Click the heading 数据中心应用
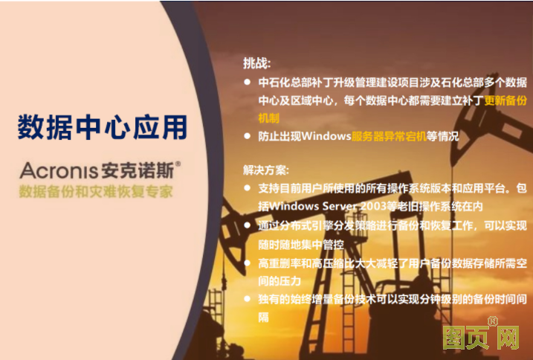(103, 127)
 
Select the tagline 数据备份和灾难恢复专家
(97, 191)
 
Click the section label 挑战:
(257, 63)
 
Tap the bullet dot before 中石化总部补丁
(248, 82)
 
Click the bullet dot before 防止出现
(248, 136)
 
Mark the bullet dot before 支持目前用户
(248, 187)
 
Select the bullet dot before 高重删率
(248, 263)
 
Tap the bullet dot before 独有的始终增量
(248, 298)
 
